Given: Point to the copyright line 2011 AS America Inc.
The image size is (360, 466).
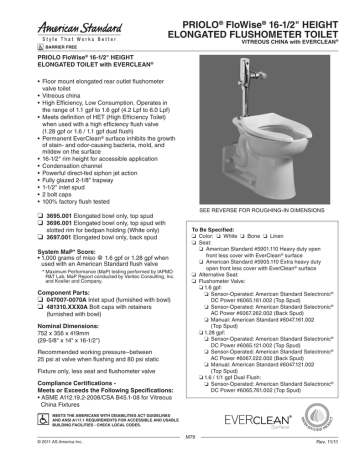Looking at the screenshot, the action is [50, 459].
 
